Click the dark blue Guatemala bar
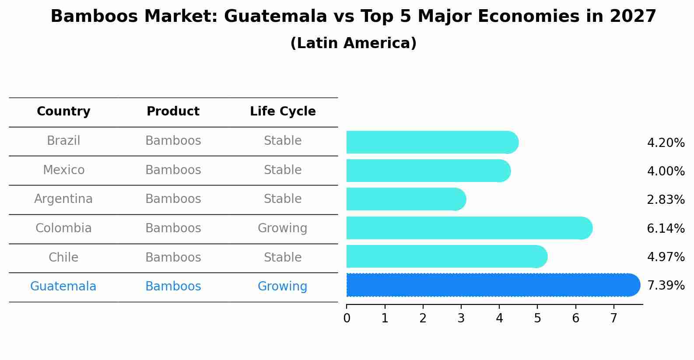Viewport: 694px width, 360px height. (x=490, y=285)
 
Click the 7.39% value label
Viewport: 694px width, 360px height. (x=666, y=286)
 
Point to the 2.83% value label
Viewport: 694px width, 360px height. (x=666, y=200)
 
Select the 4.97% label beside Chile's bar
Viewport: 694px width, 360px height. (x=666, y=257)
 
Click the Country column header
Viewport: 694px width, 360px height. (x=63, y=112)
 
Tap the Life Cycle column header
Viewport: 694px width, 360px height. (x=283, y=112)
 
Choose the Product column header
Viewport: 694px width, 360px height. (x=173, y=112)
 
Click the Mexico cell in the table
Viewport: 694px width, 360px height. (x=63, y=170)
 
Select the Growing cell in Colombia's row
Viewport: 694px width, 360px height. (x=282, y=228)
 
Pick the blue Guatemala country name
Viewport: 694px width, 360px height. (x=63, y=287)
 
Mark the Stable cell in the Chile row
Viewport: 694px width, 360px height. (x=282, y=257)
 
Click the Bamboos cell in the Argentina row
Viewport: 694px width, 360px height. (x=173, y=199)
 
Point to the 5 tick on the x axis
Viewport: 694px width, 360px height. (x=537, y=318)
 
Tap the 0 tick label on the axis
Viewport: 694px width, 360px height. (x=347, y=318)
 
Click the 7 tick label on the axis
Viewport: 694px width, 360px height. (x=613, y=318)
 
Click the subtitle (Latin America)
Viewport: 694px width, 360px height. (x=353, y=43)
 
